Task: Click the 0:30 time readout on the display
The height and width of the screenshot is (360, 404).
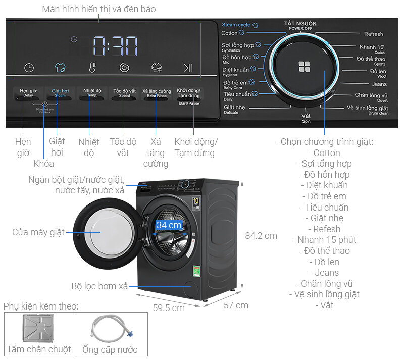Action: (x=115, y=46)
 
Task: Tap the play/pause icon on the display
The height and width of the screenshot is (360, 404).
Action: (x=188, y=68)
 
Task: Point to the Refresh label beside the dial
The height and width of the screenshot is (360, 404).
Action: (x=373, y=34)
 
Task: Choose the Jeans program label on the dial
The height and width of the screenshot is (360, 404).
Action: (x=379, y=84)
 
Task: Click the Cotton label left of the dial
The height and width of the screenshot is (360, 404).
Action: (x=229, y=33)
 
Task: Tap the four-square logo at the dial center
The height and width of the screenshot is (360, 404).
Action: (x=305, y=67)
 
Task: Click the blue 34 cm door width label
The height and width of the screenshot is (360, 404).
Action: (x=169, y=225)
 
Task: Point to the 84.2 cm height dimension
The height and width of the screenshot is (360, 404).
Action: (x=261, y=236)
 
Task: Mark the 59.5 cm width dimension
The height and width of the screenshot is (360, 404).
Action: (x=168, y=308)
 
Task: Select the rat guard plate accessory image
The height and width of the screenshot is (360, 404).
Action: (x=39, y=327)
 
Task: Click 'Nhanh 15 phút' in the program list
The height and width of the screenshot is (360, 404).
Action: (x=327, y=240)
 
